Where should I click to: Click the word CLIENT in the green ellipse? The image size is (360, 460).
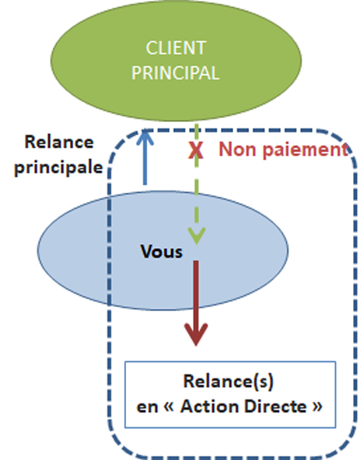click(x=176, y=48)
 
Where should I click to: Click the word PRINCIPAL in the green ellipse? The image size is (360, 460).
click(x=176, y=73)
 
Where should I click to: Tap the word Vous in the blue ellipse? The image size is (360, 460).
click(x=162, y=252)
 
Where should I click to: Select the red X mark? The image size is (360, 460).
click(x=196, y=150)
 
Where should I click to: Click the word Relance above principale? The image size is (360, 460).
click(x=59, y=142)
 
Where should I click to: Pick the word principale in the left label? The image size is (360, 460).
click(x=59, y=168)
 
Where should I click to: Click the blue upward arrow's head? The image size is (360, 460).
click(x=145, y=137)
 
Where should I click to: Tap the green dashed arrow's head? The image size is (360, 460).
click(x=196, y=235)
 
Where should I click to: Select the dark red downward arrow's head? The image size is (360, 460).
click(x=196, y=334)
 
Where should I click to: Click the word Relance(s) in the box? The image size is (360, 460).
click(x=229, y=382)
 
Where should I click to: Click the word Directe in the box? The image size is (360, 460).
click(x=275, y=406)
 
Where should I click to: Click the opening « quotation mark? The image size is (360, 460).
click(x=169, y=406)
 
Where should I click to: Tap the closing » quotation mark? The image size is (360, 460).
click(x=317, y=406)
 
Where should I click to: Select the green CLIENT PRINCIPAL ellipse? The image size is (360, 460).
click(x=177, y=61)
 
